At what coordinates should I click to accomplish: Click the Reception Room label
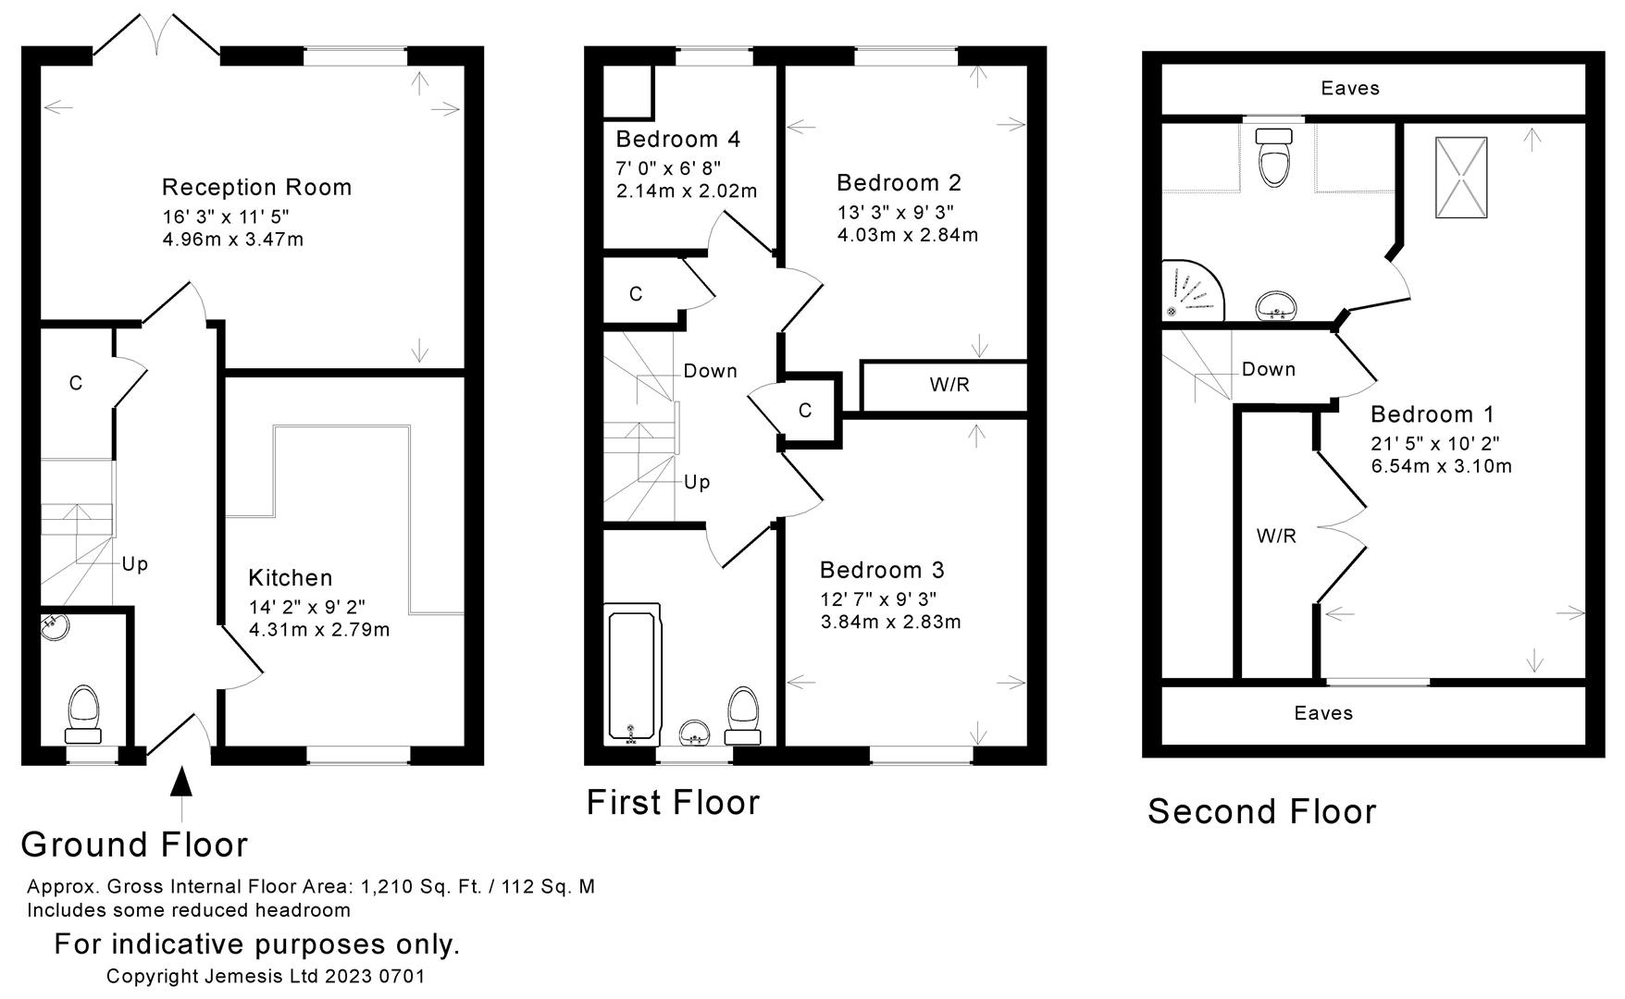(256, 187)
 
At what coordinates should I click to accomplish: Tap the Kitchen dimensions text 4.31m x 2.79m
(318, 631)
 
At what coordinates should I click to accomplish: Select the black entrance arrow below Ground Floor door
(182, 781)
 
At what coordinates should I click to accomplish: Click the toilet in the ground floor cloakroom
(84, 713)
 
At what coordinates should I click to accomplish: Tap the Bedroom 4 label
(677, 140)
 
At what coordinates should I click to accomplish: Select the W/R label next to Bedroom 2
(949, 385)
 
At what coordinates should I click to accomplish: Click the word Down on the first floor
(710, 371)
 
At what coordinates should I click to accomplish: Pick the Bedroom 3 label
(882, 570)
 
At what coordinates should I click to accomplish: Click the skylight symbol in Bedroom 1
(1461, 178)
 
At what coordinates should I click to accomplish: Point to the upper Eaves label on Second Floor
(1350, 88)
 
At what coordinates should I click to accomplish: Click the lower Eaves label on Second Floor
(1323, 713)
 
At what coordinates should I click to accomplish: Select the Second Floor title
(1261, 812)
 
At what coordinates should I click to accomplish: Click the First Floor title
(673, 802)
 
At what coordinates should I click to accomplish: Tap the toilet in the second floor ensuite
(1274, 157)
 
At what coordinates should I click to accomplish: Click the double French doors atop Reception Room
(156, 37)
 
